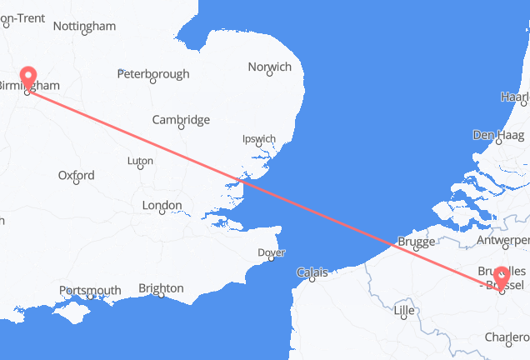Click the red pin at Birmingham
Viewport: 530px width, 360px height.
click(28, 79)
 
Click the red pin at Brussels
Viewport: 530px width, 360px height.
click(502, 276)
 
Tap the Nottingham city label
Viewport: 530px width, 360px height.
click(84, 26)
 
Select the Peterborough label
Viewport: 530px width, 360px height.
click(153, 74)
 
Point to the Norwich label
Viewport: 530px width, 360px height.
click(270, 67)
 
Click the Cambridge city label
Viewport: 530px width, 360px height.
click(181, 120)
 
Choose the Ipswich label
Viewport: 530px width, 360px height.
click(259, 138)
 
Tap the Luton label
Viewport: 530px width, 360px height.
click(140, 160)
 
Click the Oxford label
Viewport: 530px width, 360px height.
click(76, 176)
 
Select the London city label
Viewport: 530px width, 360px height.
click(162, 205)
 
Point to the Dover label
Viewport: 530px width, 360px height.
click(272, 252)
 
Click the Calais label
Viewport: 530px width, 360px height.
click(314, 272)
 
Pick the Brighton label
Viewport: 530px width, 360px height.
click(161, 288)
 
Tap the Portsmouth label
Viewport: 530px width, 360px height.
click(90, 290)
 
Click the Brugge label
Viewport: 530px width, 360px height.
click(416, 242)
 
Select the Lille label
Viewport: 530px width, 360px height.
click(404, 311)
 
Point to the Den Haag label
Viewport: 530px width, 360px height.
click(495, 134)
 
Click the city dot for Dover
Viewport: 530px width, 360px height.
click(270, 260)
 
